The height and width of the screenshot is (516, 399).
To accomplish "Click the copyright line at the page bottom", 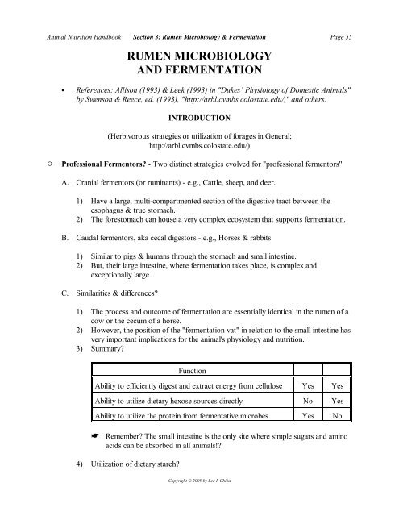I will (200, 501).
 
